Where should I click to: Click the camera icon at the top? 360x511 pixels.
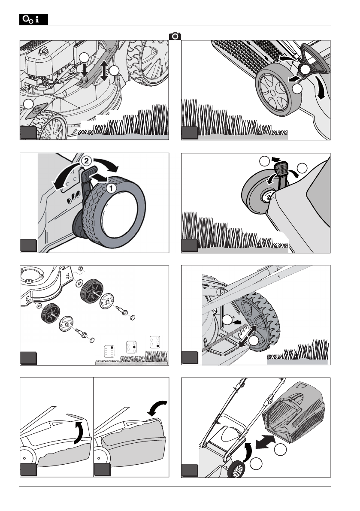(175, 36)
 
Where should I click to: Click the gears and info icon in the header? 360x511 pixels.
(33, 20)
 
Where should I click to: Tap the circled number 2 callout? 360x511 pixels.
(86, 160)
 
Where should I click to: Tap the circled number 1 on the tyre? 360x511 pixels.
(111, 188)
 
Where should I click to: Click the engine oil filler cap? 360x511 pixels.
(43, 51)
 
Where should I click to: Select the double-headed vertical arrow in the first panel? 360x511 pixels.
(104, 71)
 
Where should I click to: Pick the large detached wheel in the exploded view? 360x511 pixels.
(91, 291)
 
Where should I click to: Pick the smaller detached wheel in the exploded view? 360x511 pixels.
(51, 313)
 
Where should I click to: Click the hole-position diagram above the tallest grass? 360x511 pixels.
(155, 342)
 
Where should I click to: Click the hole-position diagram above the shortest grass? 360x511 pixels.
(109, 351)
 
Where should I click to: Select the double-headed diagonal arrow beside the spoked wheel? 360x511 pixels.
(248, 336)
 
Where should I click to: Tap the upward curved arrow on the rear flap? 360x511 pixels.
(79, 432)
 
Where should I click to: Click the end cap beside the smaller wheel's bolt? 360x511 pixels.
(92, 340)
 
